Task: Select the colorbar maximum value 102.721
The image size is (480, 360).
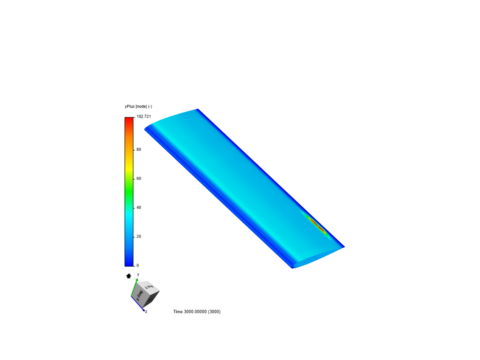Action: coord(144,116)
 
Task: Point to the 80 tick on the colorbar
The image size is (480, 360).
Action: coord(139,150)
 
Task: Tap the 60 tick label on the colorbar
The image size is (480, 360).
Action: coord(139,179)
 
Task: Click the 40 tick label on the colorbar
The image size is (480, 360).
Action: coord(139,208)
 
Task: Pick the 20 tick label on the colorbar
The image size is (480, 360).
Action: coord(139,237)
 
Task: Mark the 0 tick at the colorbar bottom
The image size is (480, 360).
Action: coord(137,266)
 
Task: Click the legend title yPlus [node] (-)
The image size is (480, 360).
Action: coord(138,106)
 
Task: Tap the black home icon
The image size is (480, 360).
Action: coord(129,276)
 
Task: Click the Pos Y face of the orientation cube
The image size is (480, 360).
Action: coord(149,286)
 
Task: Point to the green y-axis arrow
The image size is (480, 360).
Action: coord(134,287)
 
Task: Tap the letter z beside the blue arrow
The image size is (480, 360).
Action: coord(146,312)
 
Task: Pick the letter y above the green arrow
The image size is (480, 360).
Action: coord(138,274)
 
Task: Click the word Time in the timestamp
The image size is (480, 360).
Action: coord(178,312)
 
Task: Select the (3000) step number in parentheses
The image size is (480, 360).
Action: coord(214,312)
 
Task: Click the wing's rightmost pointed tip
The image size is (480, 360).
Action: coord(344,247)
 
